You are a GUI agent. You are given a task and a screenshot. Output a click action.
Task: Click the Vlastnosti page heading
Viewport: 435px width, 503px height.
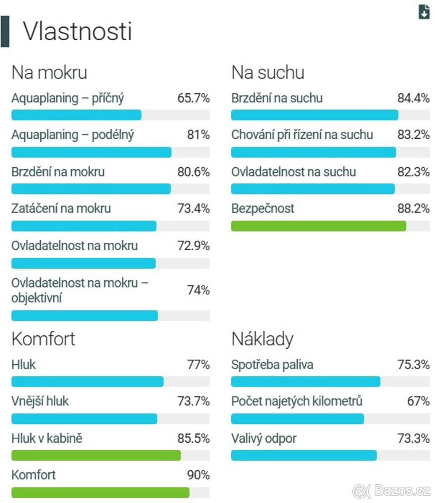(x=77, y=31)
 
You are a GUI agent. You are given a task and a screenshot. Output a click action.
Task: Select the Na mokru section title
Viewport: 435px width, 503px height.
(x=49, y=73)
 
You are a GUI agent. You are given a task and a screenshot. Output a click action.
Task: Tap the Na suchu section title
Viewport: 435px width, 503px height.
(x=267, y=73)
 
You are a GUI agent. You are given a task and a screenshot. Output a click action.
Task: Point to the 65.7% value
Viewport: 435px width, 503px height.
(x=193, y=99)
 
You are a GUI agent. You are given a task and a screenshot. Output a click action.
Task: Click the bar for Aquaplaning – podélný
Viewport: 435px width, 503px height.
(x=91, y=152)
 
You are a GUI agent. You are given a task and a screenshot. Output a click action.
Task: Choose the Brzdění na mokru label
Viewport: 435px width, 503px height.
(x=58, y=172)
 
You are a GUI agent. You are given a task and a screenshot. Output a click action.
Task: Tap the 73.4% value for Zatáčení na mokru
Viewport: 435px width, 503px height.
(x=193, y=208)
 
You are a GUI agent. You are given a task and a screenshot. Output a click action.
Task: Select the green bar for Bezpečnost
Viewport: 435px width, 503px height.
(x=318, y=226)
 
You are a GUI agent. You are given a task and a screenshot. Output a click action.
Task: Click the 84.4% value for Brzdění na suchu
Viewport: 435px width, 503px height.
(x=413, y=99)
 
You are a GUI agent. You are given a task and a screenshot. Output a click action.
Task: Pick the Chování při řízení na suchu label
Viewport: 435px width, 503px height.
(x=302, y=135)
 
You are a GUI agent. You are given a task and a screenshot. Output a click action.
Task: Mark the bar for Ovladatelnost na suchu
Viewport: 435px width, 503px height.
(x=313, y=189)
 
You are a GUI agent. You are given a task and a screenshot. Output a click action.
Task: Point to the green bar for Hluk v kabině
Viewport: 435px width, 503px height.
(x=96, y=455)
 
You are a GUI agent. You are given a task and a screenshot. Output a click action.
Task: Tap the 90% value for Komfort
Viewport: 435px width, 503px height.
(x=198, y=475)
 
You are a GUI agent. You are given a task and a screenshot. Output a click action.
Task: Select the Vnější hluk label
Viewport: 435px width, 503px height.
(x=40, y=401)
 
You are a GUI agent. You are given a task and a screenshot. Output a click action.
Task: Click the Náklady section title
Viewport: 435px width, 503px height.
(x=262, y=339)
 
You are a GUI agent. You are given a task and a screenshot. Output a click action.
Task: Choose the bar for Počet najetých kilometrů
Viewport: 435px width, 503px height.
(x=297, y=419)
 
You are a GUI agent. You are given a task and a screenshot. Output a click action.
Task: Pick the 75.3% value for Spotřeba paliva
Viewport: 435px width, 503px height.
(x=413, y=365)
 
